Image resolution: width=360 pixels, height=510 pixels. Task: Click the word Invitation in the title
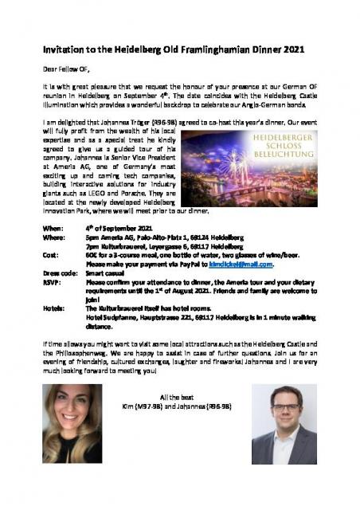click(59, 49)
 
